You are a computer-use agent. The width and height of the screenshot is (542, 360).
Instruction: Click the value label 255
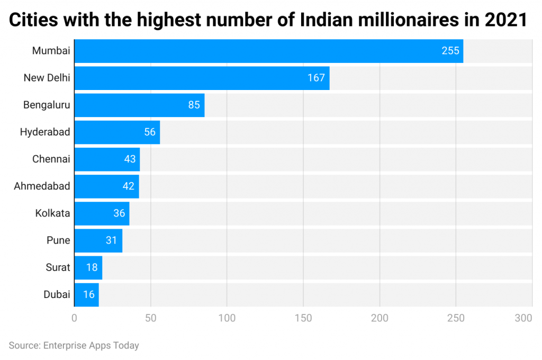(450, 51)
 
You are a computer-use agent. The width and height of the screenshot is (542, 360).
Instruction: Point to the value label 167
(316, 78)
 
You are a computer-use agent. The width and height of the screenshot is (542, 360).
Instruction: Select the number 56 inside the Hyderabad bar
(150, 132)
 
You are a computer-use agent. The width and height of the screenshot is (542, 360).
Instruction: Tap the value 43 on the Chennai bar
(130, 159)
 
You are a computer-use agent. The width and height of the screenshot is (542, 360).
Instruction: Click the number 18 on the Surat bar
(92, 267)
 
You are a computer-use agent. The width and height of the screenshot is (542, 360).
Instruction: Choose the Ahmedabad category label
(42, 186)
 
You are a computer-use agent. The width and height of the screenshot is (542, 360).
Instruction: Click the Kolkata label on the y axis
(52, 213)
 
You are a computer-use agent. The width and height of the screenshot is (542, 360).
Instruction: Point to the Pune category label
(58, 240)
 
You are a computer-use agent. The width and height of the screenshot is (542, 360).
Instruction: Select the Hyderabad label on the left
(45, 132)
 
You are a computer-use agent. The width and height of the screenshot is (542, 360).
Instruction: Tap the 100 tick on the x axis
(227, 318)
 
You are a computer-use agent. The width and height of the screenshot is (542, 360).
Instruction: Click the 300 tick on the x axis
(523, 318)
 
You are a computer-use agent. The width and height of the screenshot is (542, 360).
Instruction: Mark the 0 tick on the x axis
(75, 318)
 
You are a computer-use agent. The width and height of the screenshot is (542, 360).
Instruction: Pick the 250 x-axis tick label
(455, 318)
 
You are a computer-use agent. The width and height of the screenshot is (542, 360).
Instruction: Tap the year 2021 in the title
(505, 20)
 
